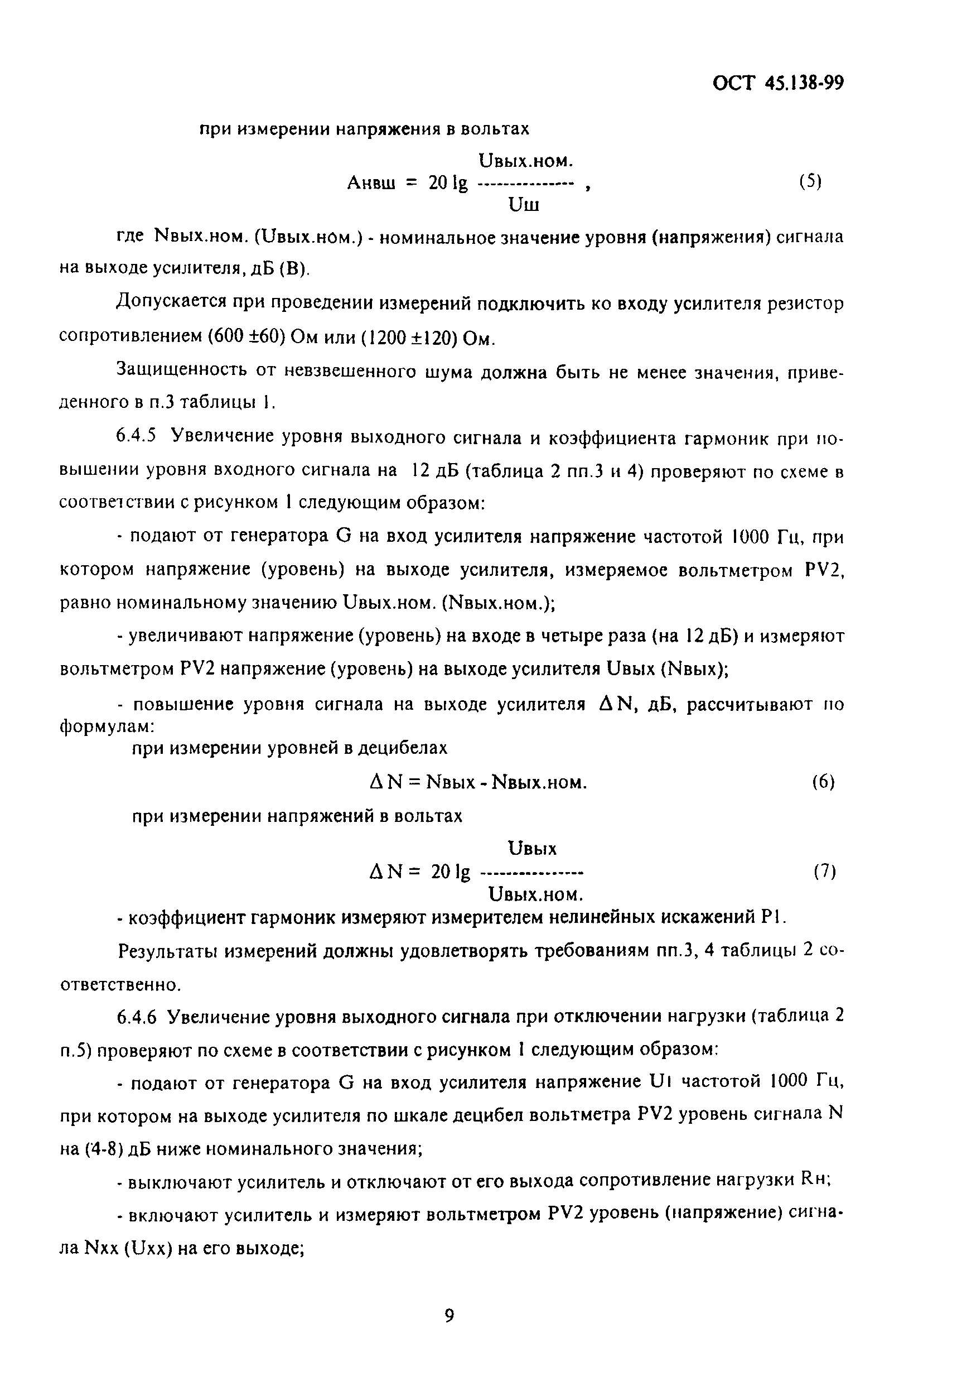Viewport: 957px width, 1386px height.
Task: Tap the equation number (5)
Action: [810, 182]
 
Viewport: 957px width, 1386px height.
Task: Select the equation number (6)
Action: [823, 782]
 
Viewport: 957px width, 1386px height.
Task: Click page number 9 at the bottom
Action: [449, 1315]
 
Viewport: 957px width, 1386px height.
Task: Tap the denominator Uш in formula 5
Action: [524, 206]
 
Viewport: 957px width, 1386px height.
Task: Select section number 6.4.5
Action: [136, 436]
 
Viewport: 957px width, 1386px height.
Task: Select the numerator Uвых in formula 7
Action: [531, 849]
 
